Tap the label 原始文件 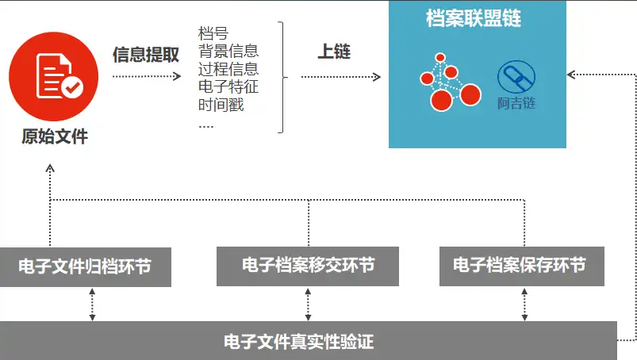click(55, 137)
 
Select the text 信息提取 click(146, 54)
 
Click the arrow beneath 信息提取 click(148, 77)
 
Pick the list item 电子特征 click(228, 86)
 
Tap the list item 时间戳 click(221, 104)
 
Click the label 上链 click(333, 52)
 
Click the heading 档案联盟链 click(474, 18)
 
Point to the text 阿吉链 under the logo click(516, 104)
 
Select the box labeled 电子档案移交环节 click(309, 265)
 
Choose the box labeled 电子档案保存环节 click(520, 265)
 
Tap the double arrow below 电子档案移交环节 click(309, 304)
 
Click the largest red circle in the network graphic click(440, 101)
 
